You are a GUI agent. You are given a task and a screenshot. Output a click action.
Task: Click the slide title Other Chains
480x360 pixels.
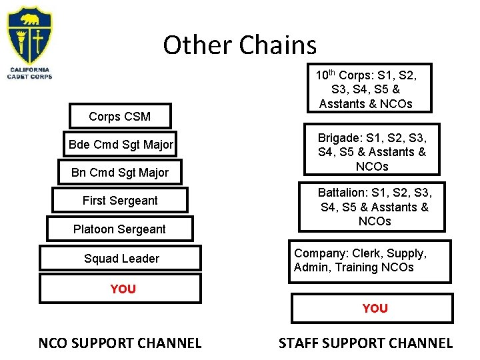[x=239, y=45]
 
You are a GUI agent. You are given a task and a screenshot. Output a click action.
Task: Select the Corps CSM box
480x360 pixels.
[x=120, y=117]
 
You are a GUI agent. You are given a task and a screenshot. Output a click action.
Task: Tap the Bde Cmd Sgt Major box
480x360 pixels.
[x=121, y=145]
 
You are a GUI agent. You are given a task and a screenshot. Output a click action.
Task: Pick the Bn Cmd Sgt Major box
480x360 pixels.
[x=120, y=173]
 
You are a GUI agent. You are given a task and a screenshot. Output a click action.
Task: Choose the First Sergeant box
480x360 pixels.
[x=120, y=201]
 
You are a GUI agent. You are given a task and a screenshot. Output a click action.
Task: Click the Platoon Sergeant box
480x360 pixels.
[x=120, y=229]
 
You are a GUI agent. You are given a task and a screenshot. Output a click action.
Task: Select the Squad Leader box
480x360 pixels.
[x=121, y=259]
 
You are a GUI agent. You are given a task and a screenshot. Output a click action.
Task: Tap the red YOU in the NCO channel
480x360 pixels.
[x=123, y=289]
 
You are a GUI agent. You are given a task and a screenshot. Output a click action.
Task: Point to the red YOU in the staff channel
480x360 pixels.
[x=375, y=308]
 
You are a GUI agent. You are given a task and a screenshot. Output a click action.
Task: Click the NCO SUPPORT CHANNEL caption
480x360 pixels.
[x=120, y=343]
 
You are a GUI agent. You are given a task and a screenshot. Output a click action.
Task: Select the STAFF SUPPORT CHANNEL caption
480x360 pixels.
[x=365, y=343]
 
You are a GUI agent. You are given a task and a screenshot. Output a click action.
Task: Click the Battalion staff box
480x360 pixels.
[x=374, y=207]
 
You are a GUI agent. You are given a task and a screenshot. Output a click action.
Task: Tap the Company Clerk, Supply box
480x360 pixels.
[x=369, y=261]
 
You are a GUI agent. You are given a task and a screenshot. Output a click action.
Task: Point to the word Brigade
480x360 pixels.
[x=339, y=137]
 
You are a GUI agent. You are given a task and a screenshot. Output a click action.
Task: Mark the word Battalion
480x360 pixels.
[x=342, y=193]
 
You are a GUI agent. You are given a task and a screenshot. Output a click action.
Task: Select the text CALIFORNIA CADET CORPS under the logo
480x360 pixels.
[x=29, y=72]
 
